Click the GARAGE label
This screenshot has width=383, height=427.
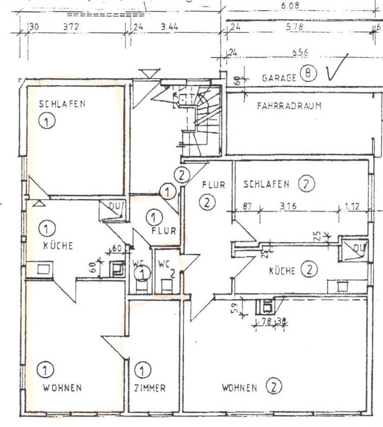(279, 77)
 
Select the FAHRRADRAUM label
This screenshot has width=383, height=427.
(289, 106)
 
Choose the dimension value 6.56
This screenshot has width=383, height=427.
(300, 52)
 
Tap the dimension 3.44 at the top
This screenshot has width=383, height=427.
(169, 27)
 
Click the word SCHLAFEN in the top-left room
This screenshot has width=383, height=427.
(62, 104)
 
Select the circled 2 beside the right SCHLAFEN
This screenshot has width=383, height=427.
(306, 184)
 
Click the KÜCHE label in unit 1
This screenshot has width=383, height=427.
(58, 246)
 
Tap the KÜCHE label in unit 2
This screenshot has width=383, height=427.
(282, 270)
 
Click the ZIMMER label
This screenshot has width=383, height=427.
(150, 388)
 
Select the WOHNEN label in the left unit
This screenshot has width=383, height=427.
(62, 388)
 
